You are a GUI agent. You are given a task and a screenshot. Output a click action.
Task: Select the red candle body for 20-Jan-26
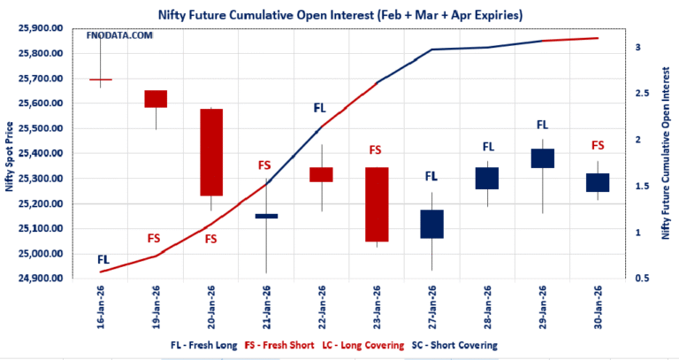(x=211, y=152)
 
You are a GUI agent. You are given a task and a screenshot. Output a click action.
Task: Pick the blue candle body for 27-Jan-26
(x=431, y=224)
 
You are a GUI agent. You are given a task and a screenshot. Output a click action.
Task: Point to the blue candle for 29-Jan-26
(x=542, y=158)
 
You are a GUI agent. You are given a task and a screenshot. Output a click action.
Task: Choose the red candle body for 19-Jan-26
(x=156, y=98)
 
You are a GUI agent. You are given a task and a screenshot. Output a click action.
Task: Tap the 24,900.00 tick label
(x=40, y=279)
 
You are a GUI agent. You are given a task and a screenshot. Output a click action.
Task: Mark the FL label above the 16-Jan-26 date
(x=103, y=259)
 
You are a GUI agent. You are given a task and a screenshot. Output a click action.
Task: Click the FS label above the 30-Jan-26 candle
(x=598, y=145)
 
